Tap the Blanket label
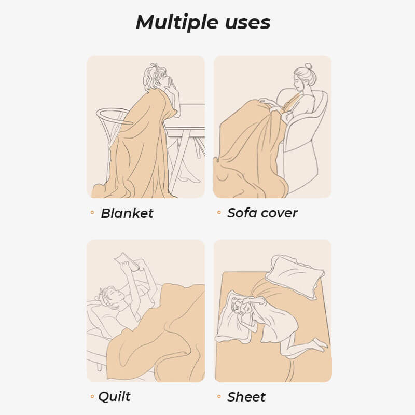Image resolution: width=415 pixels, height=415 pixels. (x=127, y=213)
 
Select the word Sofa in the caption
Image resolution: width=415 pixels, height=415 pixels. (x=243, y=213)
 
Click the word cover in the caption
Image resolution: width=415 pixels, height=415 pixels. (x=281, y=213)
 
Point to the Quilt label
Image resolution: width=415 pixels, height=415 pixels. (x=115, y=397)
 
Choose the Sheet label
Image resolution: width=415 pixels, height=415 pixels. (x=246, y=397)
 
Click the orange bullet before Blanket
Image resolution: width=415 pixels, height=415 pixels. (x=92, y=213)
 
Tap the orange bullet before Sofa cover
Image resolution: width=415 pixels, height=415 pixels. (x=219, y=213)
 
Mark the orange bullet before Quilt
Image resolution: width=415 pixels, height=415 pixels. (x=92, y=397)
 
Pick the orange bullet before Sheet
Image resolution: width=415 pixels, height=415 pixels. (x=219, y=397)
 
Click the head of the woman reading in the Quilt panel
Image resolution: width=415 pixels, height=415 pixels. (x=110, y=296)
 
